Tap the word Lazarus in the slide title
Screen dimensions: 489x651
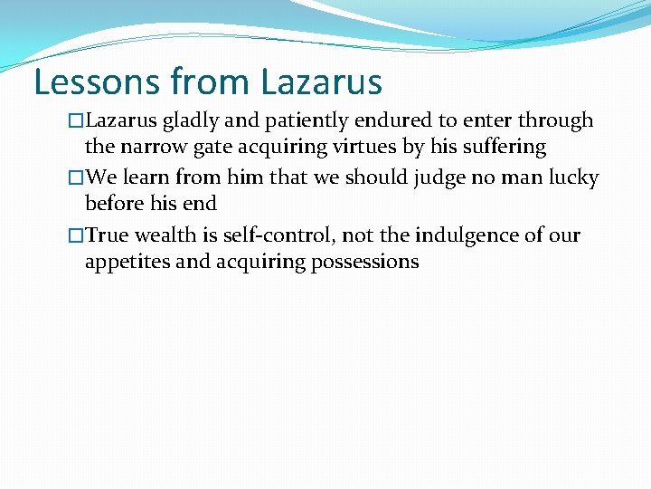pyautogui.click(x=321, y=81)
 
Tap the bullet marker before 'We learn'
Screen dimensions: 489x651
pyautogui.click(x=76, y=178)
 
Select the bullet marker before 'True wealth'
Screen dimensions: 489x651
pyautogui.click(x=76, y=236)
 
